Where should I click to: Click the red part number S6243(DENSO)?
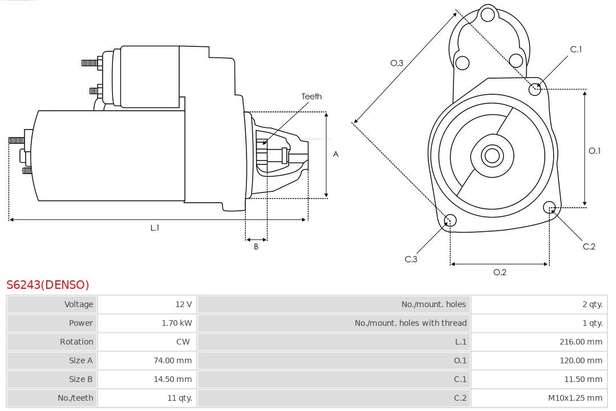point(48,284)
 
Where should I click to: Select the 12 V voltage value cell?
point(184,304)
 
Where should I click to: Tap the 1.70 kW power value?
point(177,323)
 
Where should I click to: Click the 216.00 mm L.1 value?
point(581,342)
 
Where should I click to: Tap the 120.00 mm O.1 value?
point(581,361)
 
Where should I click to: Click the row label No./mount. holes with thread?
point(410,323)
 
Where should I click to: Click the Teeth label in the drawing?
point(311,96)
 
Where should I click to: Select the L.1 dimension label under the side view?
point(155,228)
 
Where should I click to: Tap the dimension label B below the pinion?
point(256,247)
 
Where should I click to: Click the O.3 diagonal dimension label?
point(397,63)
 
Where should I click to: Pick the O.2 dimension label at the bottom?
point(500,272)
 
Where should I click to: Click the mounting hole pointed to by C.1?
point(535,88)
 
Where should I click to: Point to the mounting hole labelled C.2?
point(549,207)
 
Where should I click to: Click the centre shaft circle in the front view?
point(491,155)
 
